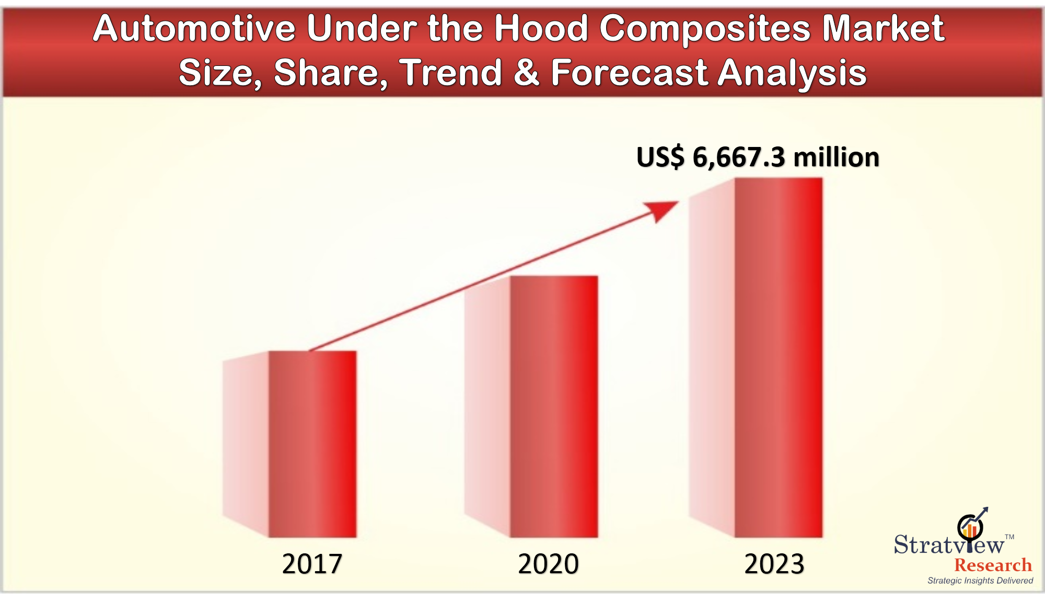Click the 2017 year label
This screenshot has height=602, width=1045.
click(312, 564)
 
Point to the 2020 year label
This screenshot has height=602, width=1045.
click(548, 564)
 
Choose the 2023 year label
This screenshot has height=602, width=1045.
click(774, 564)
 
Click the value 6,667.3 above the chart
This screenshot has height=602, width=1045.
click(738, 157)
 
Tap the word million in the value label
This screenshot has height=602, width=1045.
click(836, 157)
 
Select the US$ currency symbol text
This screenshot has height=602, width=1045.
click(660, 157)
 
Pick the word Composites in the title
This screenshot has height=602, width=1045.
click(705, 29)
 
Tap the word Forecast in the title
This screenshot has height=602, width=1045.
click(629, 73)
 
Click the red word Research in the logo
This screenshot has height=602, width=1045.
click(993, 565)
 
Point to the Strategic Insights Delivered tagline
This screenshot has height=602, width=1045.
click(980, 581)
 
